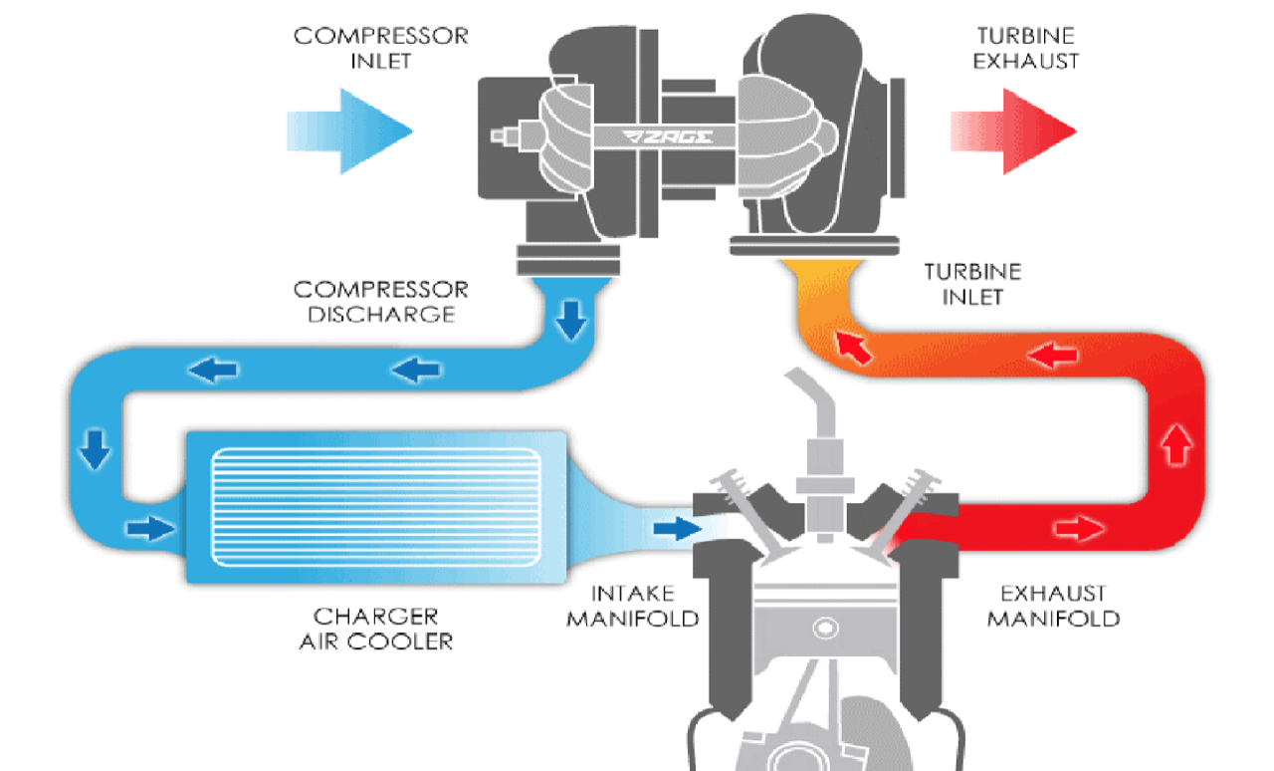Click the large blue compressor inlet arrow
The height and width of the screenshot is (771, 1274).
click(349, 130)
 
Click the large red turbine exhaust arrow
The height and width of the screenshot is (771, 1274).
click(1013, 130)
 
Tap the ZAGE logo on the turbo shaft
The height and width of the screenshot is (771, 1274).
click(667, 136)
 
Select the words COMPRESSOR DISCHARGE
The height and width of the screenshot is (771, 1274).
click(381, 302)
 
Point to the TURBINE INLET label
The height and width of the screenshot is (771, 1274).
click(972, 284)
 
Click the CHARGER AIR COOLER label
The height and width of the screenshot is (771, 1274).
click(376, 629)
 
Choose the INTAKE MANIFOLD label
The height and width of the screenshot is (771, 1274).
click(632, 606)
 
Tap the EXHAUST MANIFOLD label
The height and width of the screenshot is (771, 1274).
click(1053, 606)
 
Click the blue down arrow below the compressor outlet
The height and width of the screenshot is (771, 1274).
click(571, 321)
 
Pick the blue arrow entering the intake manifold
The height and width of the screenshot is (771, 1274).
click(677, 528)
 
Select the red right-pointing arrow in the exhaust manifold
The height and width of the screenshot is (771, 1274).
click(1080, 528)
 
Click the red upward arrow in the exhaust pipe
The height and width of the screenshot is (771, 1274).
click(1176, 445)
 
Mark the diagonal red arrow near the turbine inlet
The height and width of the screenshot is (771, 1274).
click(853, 348)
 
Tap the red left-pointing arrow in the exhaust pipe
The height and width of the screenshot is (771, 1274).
click(1052, 356)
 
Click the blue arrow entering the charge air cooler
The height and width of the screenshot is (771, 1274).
click(150, 528)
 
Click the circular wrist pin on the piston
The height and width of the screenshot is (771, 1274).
click(825, 629)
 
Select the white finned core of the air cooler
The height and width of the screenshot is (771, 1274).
click(376, 507)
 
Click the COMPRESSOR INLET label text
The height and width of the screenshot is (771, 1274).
click(381, 48)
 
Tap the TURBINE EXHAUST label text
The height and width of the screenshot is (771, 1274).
click(1025, 48)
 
